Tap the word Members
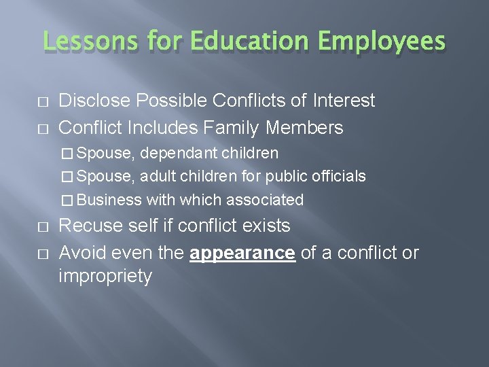click(305, 127)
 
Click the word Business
click(109, 200)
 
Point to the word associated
click(265, 200)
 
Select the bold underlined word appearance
click(242, 254)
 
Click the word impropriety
click(105, 277)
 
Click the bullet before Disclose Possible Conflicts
click(44, 102)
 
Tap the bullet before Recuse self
click(44, 226)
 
